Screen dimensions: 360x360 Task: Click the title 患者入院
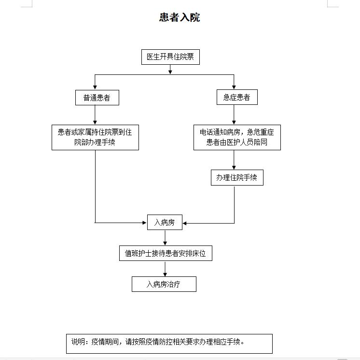pos(180,18)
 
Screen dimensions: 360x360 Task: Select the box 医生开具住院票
pos(170,57)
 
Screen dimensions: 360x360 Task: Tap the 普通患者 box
pos(97,98)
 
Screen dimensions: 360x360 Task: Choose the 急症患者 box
pos(236,98)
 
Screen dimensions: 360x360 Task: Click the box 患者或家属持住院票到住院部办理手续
pos(95,137)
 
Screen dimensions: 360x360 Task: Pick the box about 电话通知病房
pos(237,137)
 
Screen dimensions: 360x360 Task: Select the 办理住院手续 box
pos(237,178)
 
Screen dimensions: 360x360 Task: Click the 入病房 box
pos(165,223)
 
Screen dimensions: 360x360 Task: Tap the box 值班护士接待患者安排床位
pos(166,253)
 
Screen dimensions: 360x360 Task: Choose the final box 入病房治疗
pos(164,284)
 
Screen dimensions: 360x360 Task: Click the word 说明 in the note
pos(78,342)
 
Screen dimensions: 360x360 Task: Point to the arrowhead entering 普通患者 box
pos(95,87)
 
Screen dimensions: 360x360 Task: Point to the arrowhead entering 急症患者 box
pos(234,87)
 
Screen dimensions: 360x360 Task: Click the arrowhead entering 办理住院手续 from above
pos(234,168)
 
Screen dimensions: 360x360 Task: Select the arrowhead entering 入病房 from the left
pos(144,223)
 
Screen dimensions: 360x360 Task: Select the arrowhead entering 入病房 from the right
pos(186,223)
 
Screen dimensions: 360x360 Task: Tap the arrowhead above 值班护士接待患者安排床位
pos(165,244)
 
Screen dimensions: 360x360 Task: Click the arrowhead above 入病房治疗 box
pos(165,274)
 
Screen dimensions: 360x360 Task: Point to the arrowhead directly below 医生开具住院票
pos(170,72)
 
